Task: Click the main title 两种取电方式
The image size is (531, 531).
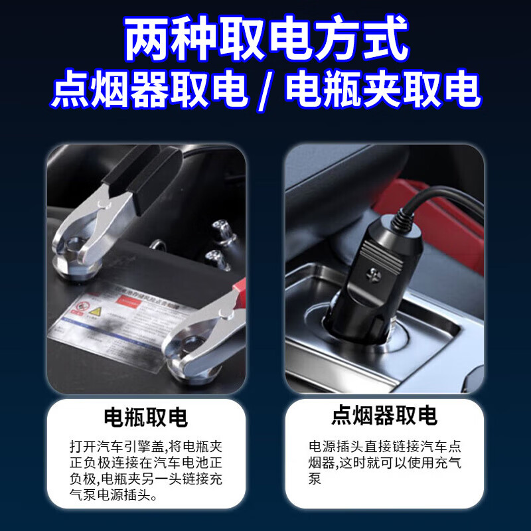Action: [x=265, y=41]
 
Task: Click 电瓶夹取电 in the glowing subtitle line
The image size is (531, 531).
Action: [x=382, y=91]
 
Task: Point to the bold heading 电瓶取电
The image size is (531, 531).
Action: [x=145, y=417]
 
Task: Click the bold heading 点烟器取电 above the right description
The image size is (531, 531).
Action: [x=384, y=416]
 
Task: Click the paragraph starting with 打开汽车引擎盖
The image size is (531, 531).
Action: [x=145, y=470]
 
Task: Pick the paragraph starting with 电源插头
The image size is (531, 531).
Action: [x=384, y=462]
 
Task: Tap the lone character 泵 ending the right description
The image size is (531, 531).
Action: [x=315, y=479]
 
